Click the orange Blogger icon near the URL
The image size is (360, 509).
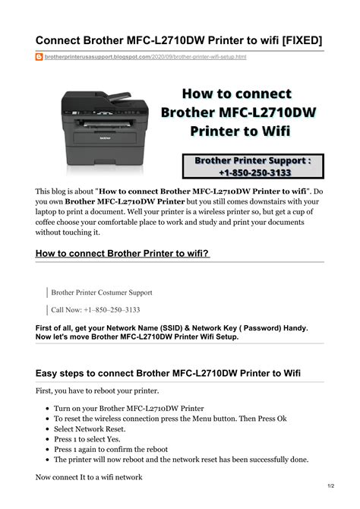click(39, 57)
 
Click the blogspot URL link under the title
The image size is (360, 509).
click(145, 57)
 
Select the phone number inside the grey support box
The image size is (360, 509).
click(255, 172)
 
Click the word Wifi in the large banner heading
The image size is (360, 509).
click(276, 131)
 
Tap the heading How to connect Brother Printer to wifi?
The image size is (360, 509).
click(122, 253)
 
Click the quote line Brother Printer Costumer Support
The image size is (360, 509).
click(102, 292)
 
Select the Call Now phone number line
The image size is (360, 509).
click(96, 310)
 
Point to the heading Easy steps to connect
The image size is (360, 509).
click(168, 373)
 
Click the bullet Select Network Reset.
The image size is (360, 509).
click(90, 428)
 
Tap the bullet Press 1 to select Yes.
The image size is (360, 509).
click(87, 439)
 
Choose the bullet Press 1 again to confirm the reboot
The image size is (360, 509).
click(111, 450)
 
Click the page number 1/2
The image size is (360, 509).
click(331, 486)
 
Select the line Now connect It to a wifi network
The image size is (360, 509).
click(89, 477)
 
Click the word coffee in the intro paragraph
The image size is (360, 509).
click(45, 223)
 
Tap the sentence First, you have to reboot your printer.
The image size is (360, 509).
click(97, 390)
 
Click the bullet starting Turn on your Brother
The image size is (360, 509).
click(129, 409)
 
